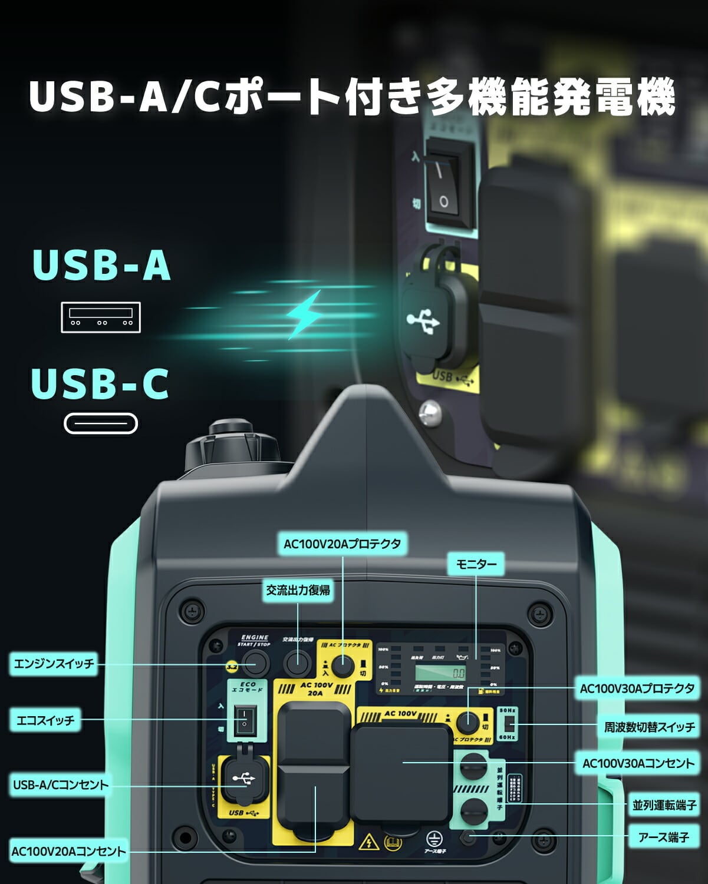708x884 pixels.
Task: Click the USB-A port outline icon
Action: click(x=101, y=317)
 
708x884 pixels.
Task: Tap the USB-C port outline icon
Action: click(x=101, y=423)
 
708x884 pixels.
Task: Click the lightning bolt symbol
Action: click(x=305, y=314)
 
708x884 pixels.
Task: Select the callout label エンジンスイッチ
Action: click(x=54, y=664)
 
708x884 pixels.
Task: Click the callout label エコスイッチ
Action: click(x=45, y=720)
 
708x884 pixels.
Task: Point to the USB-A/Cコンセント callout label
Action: click(x=61, y=784)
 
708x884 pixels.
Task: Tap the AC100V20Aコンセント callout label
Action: click(x=68, y=851)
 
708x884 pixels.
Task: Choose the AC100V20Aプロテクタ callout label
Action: click(x=342, y=544)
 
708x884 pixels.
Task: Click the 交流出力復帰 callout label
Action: click(x=298, y=590)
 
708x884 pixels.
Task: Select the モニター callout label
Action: click(x=476, y=564)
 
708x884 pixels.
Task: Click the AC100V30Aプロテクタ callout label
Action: click(x=637, y=688)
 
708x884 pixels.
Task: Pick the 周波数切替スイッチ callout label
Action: click(x=649, y=727)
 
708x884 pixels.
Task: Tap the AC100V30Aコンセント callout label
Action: click(x=638, y=763)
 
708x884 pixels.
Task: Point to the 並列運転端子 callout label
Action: click(x=664, y=804)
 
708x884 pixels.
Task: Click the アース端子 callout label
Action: click(x=663, y=836)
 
